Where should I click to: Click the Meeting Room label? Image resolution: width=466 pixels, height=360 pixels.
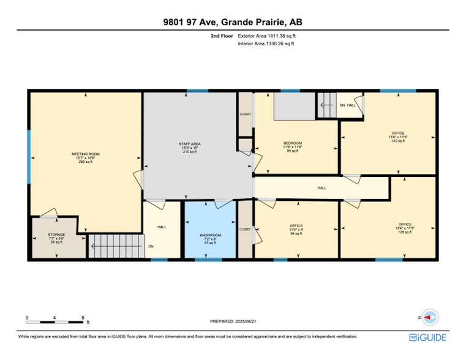click(86, 154)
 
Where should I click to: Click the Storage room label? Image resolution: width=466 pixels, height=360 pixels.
click(56, 234)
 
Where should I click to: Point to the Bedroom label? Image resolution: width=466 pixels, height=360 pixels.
click(292, 143)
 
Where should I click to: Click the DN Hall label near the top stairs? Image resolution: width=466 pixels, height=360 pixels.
click(347, 105)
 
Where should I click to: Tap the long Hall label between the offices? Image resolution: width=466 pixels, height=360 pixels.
click(321, 188)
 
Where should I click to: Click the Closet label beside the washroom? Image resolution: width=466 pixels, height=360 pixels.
click(245, 229)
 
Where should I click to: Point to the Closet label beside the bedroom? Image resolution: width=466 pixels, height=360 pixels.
click(245, 114)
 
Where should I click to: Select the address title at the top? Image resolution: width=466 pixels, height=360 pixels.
click(233, 23)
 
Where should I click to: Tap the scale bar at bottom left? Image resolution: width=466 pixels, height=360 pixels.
click(55, 320)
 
